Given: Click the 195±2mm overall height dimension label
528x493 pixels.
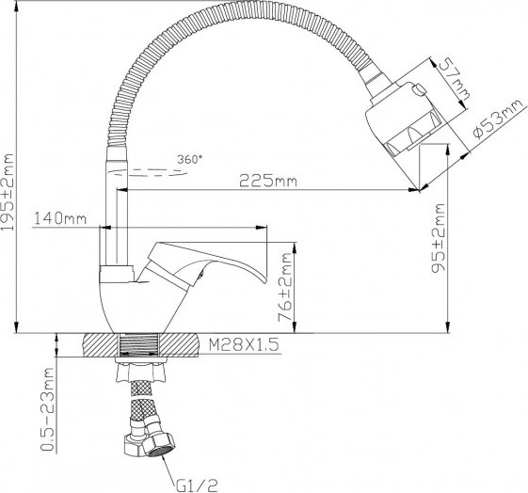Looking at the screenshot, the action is point(8,192).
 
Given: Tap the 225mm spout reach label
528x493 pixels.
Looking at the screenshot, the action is point(268,181).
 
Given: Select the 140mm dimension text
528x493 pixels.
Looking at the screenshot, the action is point(60,218).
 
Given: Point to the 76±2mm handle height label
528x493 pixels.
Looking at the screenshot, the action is point(284,287).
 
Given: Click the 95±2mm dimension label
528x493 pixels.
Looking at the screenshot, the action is point(439,237).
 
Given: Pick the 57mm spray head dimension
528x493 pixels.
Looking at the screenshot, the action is point(455,79).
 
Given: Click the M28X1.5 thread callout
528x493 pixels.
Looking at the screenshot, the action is point(244,344).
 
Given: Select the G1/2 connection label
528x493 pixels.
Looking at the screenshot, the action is point(197,485).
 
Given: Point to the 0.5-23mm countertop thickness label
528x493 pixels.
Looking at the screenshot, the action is point(47,409).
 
